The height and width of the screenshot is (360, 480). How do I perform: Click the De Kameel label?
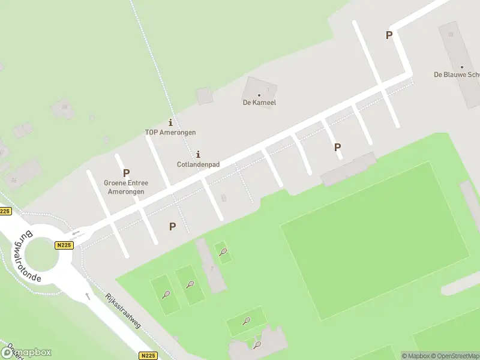(259, 103)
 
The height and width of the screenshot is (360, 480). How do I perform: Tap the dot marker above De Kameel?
(259, 95)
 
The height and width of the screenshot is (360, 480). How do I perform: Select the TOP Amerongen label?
(170, 132)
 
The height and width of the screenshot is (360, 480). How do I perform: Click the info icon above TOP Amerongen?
(170, 122)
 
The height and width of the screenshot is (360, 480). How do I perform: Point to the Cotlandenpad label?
(198, 164)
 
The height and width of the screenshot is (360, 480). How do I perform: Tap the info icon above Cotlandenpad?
(198, 154)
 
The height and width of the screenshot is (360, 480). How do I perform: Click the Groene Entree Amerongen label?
(126, 187)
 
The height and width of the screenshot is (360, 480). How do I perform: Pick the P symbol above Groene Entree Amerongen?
(126, 173)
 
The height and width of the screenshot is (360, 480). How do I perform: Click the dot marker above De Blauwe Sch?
(461, 67)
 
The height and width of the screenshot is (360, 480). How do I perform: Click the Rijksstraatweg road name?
(122, 310)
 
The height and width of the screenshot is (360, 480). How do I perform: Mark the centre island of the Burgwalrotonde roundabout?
(41, 255)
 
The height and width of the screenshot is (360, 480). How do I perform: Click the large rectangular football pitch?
(375, 240)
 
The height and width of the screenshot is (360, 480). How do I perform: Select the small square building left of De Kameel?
(205, 95)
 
